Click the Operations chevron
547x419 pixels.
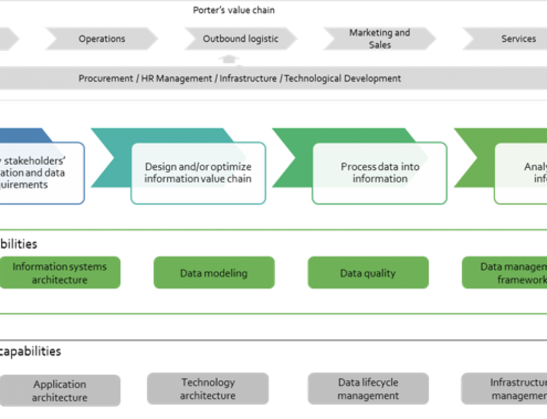(102, 39)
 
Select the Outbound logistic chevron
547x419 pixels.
(241, 39)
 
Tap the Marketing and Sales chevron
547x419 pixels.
(380, 39)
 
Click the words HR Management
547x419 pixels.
(176, 78)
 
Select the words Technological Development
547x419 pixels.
(342, 78)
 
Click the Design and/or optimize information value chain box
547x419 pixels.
(198, 173)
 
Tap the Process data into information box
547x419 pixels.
(380, 173)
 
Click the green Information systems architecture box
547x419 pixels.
(60, 273)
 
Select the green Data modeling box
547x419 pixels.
(213, 273)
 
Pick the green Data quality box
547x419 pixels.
(368, 273)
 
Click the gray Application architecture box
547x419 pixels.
(60, 391)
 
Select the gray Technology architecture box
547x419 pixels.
(208, 389)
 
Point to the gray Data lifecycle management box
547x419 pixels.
(368, 389)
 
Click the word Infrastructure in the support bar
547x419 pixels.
(248, 78)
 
